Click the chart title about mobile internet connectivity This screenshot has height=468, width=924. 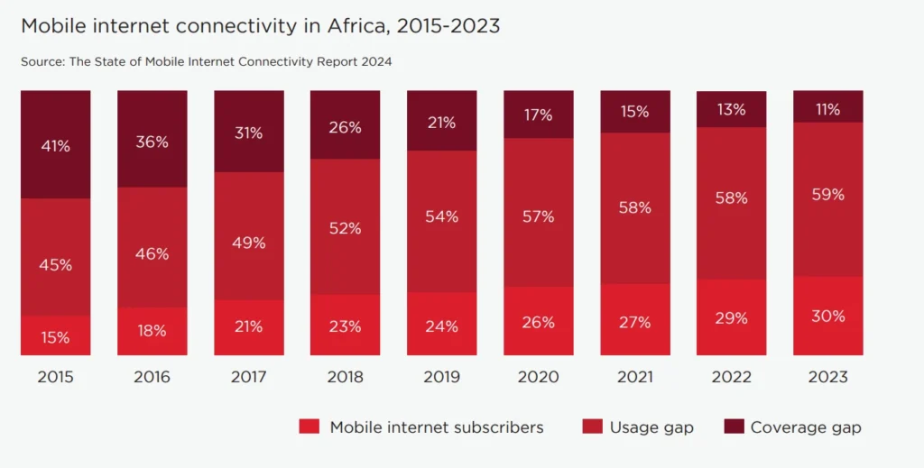[260, 26]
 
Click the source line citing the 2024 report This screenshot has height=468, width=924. [206, 62]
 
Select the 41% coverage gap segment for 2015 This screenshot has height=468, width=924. [55, 144]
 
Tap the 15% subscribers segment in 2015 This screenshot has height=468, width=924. [55, 336]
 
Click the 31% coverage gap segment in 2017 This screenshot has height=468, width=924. [248, 132]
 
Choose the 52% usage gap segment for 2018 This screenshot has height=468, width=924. [345, 227]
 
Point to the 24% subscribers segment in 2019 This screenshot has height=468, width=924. [441, 324]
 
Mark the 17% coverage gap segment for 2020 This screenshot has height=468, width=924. [538, 115]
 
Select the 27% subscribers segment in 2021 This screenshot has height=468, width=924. [634, 320]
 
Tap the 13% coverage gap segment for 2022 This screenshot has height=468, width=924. [731, 109]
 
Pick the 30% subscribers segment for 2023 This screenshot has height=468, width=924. [827, 316]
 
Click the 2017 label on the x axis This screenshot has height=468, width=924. [248, 377]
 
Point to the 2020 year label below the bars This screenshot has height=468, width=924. [538, 377]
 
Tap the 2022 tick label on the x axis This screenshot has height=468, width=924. [731, 377]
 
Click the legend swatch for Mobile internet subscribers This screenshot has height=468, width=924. [310, 427]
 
